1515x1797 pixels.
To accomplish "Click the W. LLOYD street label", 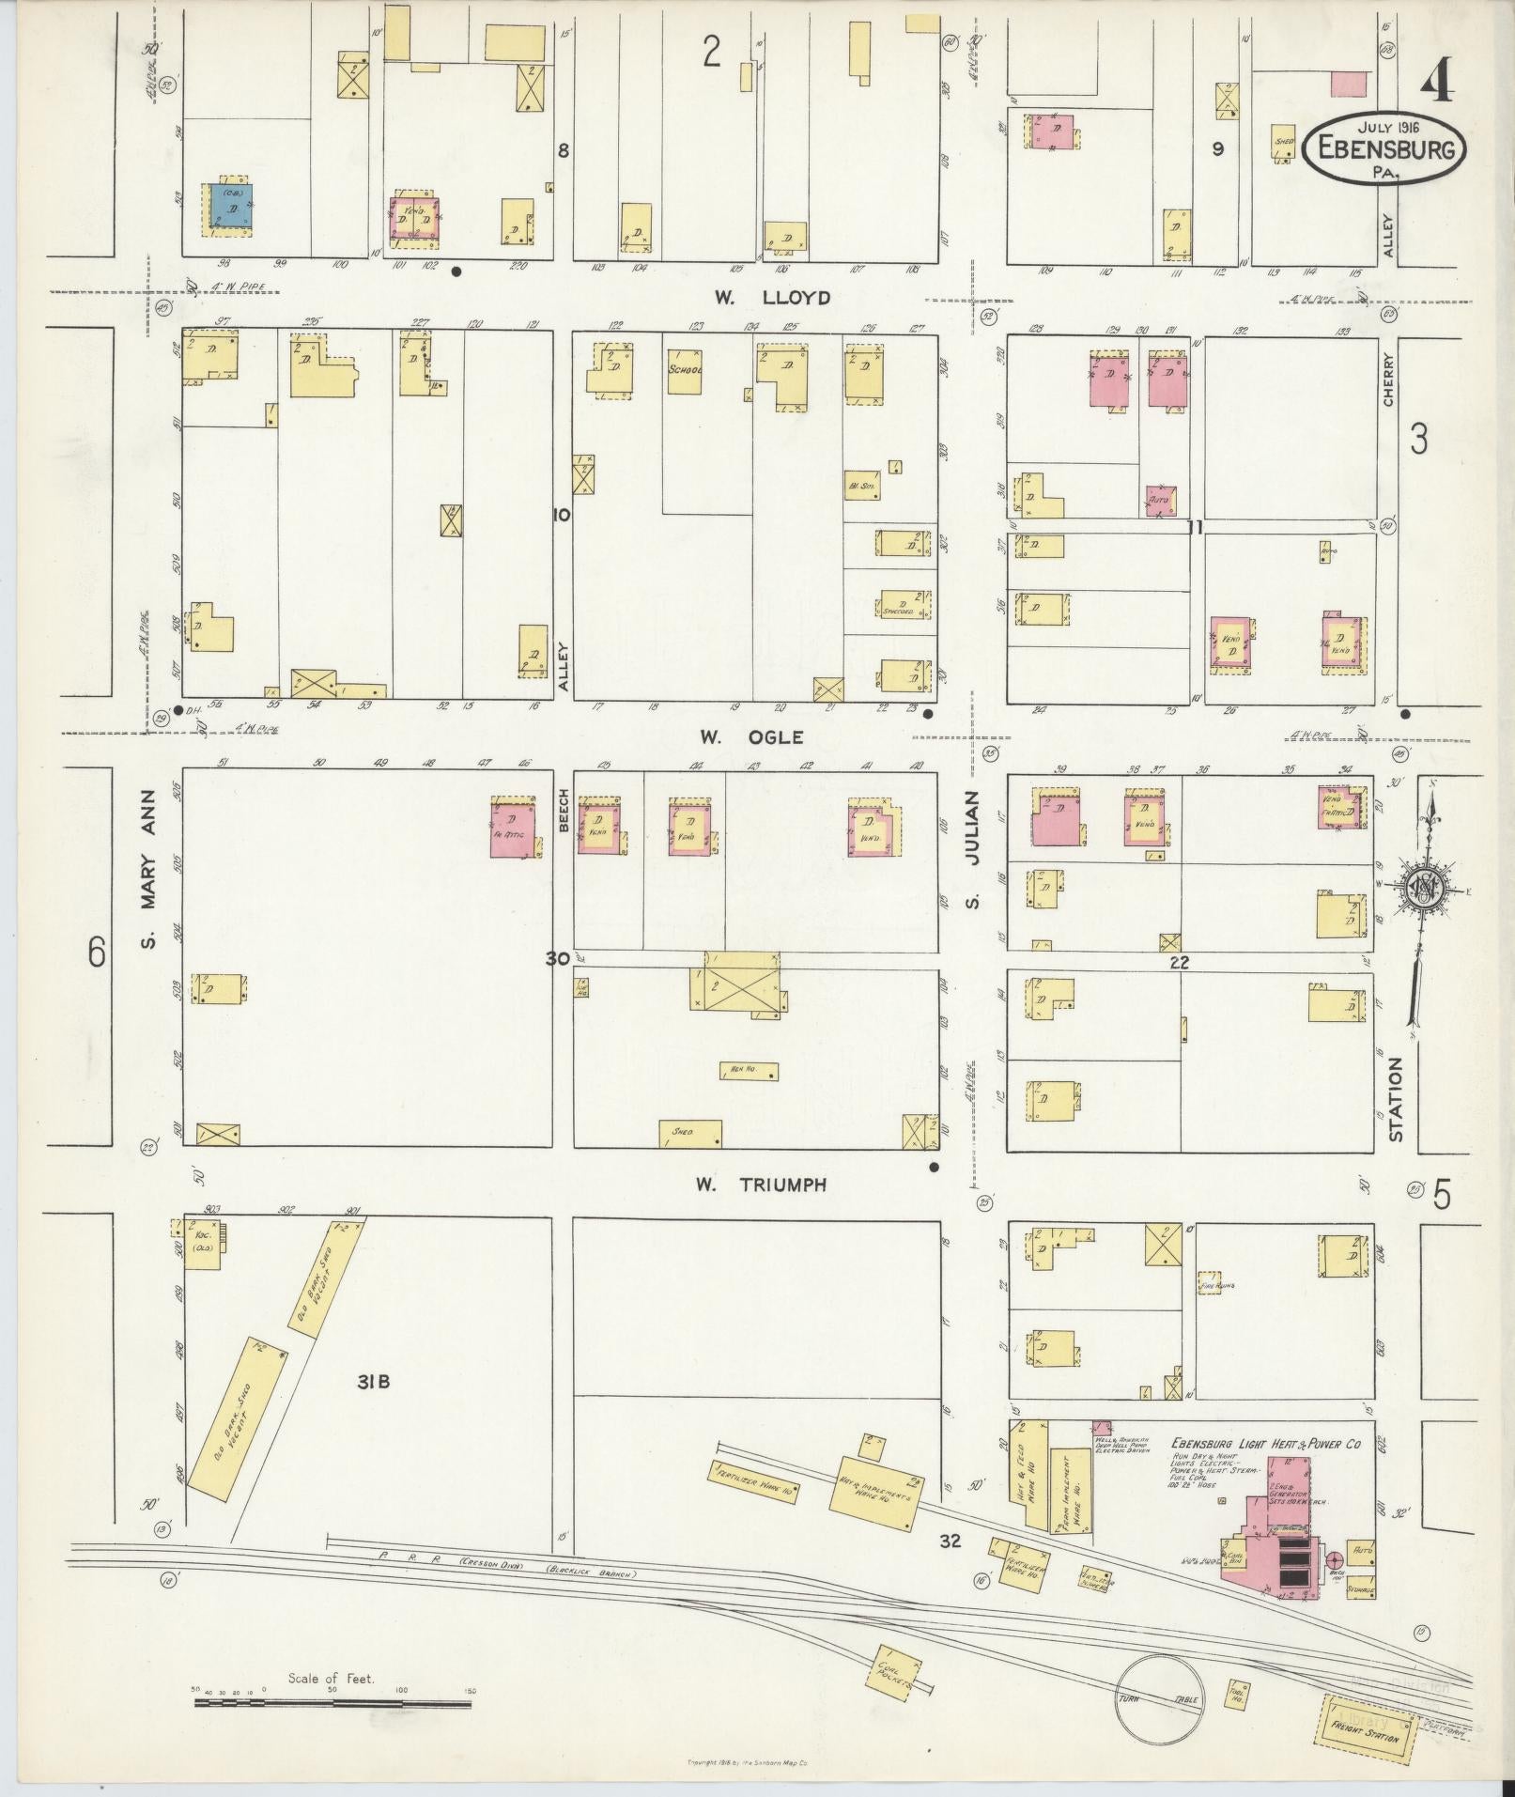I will point(771,299).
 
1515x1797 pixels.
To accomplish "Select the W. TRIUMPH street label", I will point(761,1185).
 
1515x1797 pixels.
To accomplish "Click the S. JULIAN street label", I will point(974,848).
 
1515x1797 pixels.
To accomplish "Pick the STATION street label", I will point(1396,1099).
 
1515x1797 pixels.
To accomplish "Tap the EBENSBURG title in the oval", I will point(1384,149).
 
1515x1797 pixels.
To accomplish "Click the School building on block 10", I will point(686,371).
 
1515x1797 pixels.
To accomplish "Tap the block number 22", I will point(1180,962).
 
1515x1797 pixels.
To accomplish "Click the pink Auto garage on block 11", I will point(1160,500).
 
